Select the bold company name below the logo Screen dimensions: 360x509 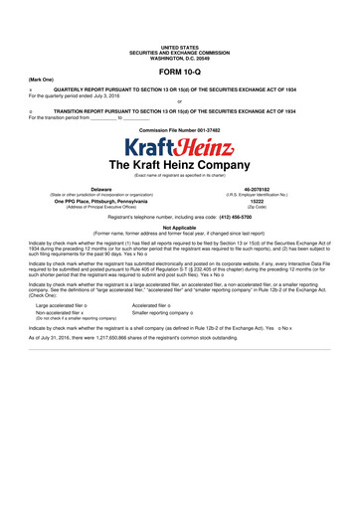click(180, 165)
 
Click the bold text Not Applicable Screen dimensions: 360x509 click(180, 227)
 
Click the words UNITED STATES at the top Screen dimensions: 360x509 click(180, 46)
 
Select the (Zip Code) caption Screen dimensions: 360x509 click(270, 206)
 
